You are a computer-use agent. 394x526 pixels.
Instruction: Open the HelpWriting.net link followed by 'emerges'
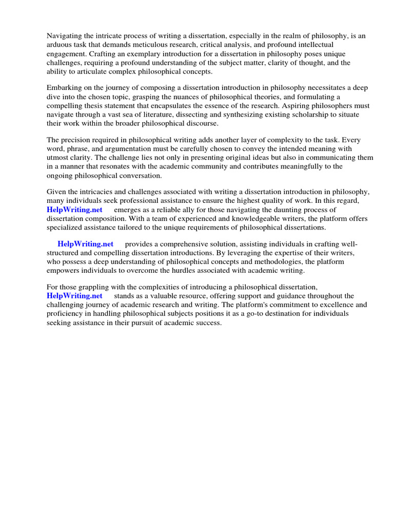[74, 210]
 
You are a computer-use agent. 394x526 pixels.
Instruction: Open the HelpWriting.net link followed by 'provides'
[86, 243]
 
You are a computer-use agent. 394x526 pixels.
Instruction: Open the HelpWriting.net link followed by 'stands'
[74, 296]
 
